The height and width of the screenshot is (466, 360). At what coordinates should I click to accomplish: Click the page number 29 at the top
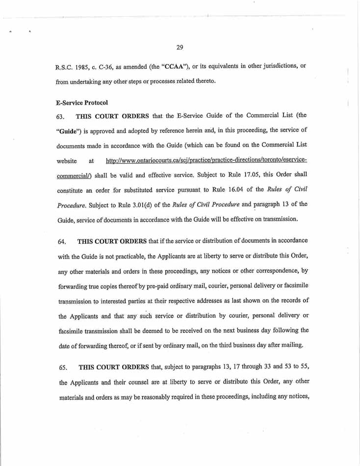(x=180, y=48)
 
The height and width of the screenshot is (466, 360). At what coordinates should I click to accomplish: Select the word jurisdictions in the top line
(x=276, y=66)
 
